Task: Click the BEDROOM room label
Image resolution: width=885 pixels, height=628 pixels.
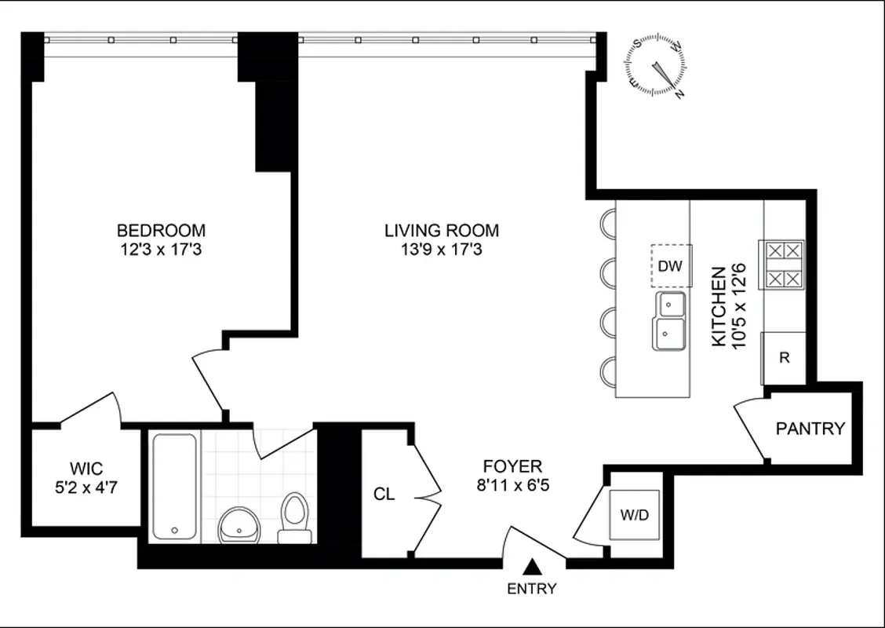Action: click(x=161, y=231)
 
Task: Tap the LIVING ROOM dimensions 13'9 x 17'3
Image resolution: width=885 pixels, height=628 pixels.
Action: click(x=442, y=250)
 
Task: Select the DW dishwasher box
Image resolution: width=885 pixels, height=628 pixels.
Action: click(x=670, y=266)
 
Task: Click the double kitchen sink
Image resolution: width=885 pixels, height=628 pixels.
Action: click(x=668, y=321)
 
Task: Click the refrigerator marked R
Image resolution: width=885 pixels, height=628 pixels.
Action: click(x=784, y=357)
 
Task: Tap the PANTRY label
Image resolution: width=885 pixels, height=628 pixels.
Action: click(x=810, y=429)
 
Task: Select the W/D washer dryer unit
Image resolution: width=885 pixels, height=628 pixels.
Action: click(x=636, y=516)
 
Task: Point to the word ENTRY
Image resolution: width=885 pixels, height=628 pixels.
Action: click(x=532, y=589)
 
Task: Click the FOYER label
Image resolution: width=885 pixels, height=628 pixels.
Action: click(x=512, y=466)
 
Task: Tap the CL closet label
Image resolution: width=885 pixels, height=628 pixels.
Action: click(x=384, y=495)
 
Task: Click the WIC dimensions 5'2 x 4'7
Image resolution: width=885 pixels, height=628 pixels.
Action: click(x=86, y=487)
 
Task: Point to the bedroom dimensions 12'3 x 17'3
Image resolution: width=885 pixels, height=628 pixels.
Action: click(x=161, y=250)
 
